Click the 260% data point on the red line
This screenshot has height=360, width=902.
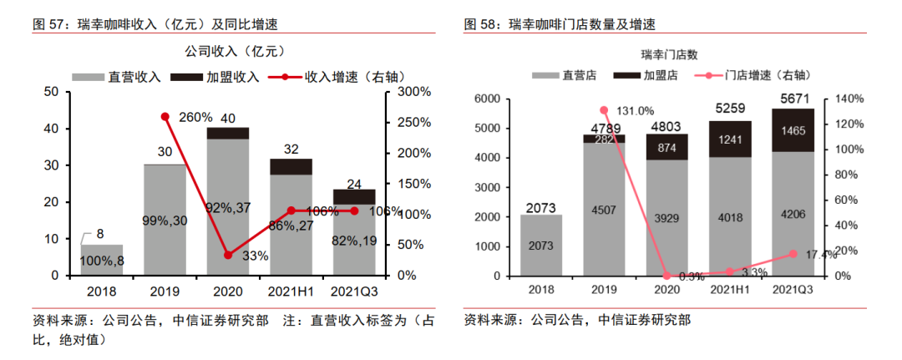tap(165, 117)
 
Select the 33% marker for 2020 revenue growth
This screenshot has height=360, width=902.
tap(228, 255)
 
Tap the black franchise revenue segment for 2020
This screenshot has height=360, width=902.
tap(228, 133)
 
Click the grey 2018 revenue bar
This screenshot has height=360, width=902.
tap(101, 260)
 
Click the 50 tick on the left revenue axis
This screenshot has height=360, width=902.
tap(52, 92)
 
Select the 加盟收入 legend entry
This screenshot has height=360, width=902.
tap(215, 77)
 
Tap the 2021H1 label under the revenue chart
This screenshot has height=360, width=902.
tap(291, 292)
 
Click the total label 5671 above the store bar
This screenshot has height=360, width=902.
tap(793, 99)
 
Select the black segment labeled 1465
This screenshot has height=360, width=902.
tap(793, 130)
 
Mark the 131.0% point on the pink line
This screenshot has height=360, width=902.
tap(604, 110)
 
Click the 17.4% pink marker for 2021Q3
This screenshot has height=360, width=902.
tap(793, 254)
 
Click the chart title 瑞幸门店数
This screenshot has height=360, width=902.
tap(666, 56)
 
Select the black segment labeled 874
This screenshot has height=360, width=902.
tap(667, 147)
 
